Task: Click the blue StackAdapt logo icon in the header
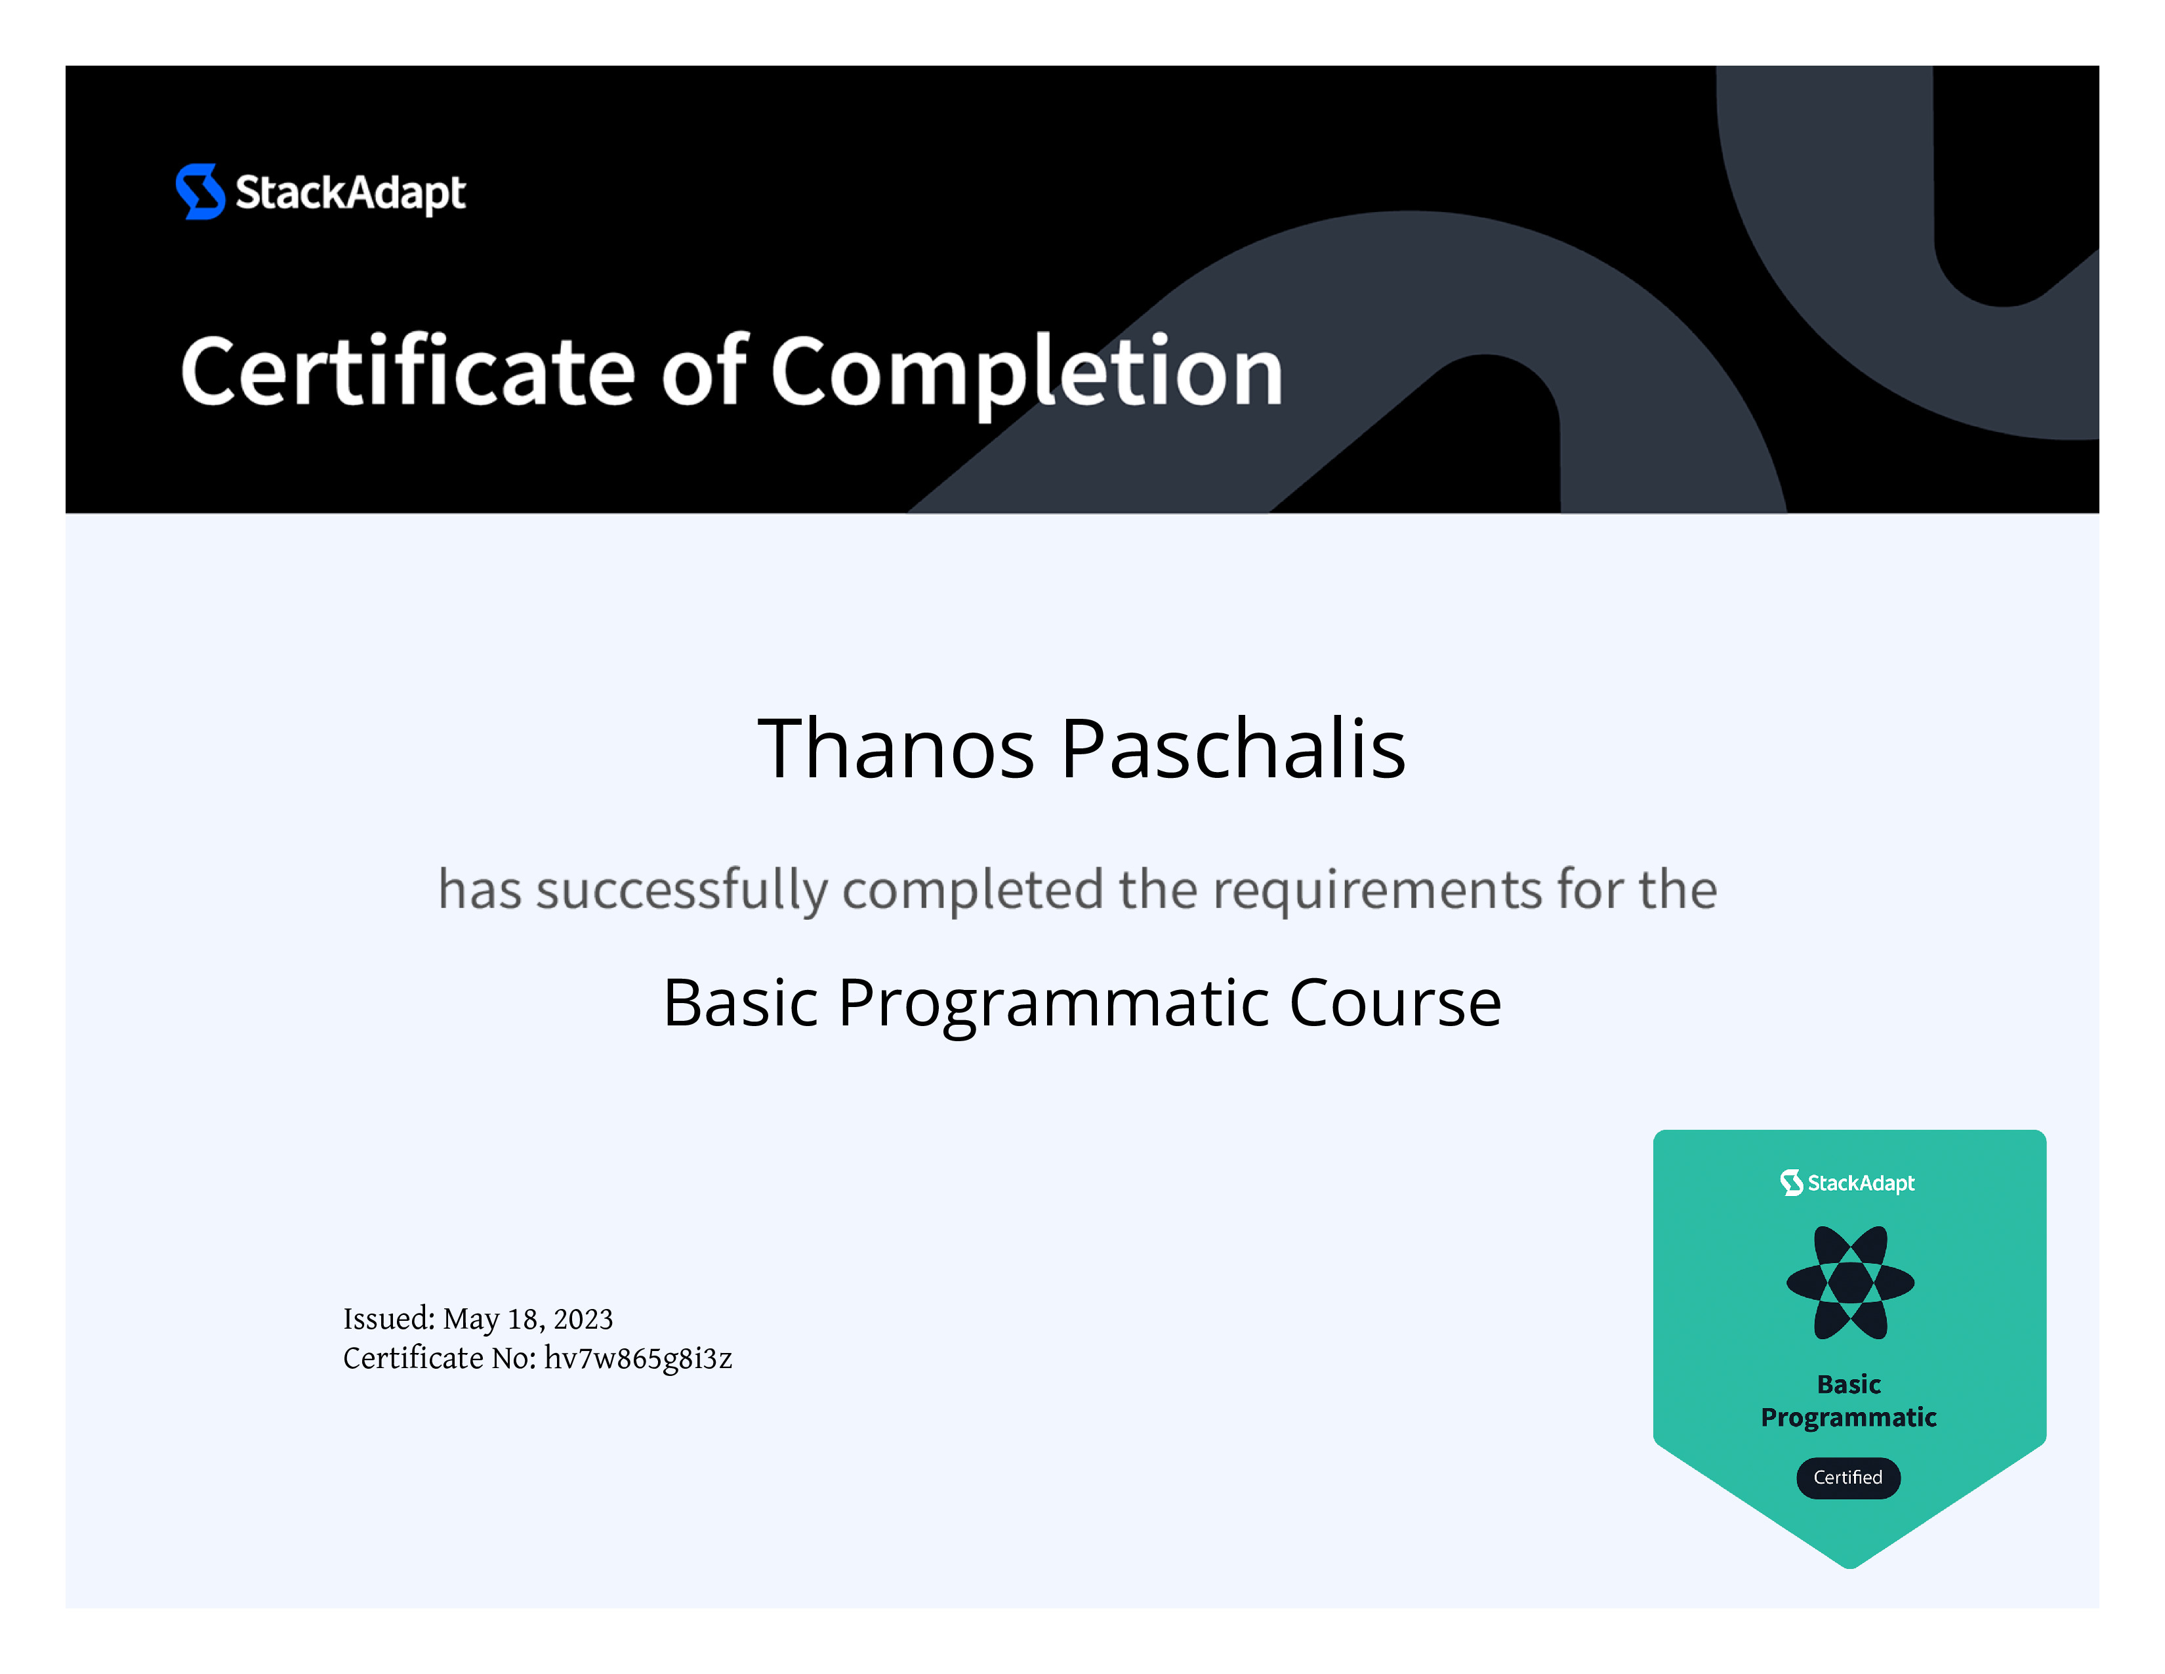pyautogui.click(x=200, y=192)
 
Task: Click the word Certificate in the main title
pyautogui.click(x=407, y=371)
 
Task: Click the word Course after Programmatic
pyautogui.click(x=1395, y=1002)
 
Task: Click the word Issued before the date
pyautogui.click(x=388, y=1319)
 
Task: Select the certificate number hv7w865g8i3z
pyautogui.click(x=638, y=1359)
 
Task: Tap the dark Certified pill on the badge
pyautogui.click(x=1847, y=1478)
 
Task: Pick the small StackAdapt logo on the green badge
pyautogui.click(x=1847, y=1182)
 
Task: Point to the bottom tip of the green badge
pyautogui.click(x=1850, y=1568)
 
